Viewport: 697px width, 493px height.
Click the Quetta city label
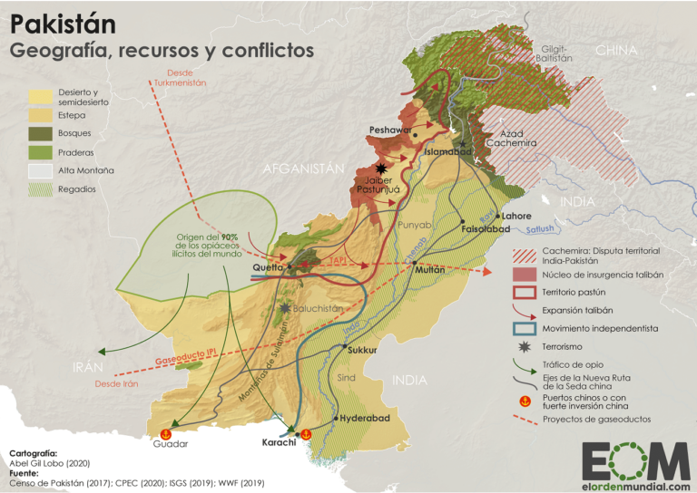tap(269, 267)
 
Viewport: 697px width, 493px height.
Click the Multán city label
tap(429, 270)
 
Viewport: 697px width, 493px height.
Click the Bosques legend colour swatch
tap(40, 133)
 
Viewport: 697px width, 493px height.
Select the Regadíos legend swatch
tap(40, 189)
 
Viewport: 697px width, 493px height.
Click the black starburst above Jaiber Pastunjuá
tap(383, 169)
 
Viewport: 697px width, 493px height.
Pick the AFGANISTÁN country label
tap(304, 169)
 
